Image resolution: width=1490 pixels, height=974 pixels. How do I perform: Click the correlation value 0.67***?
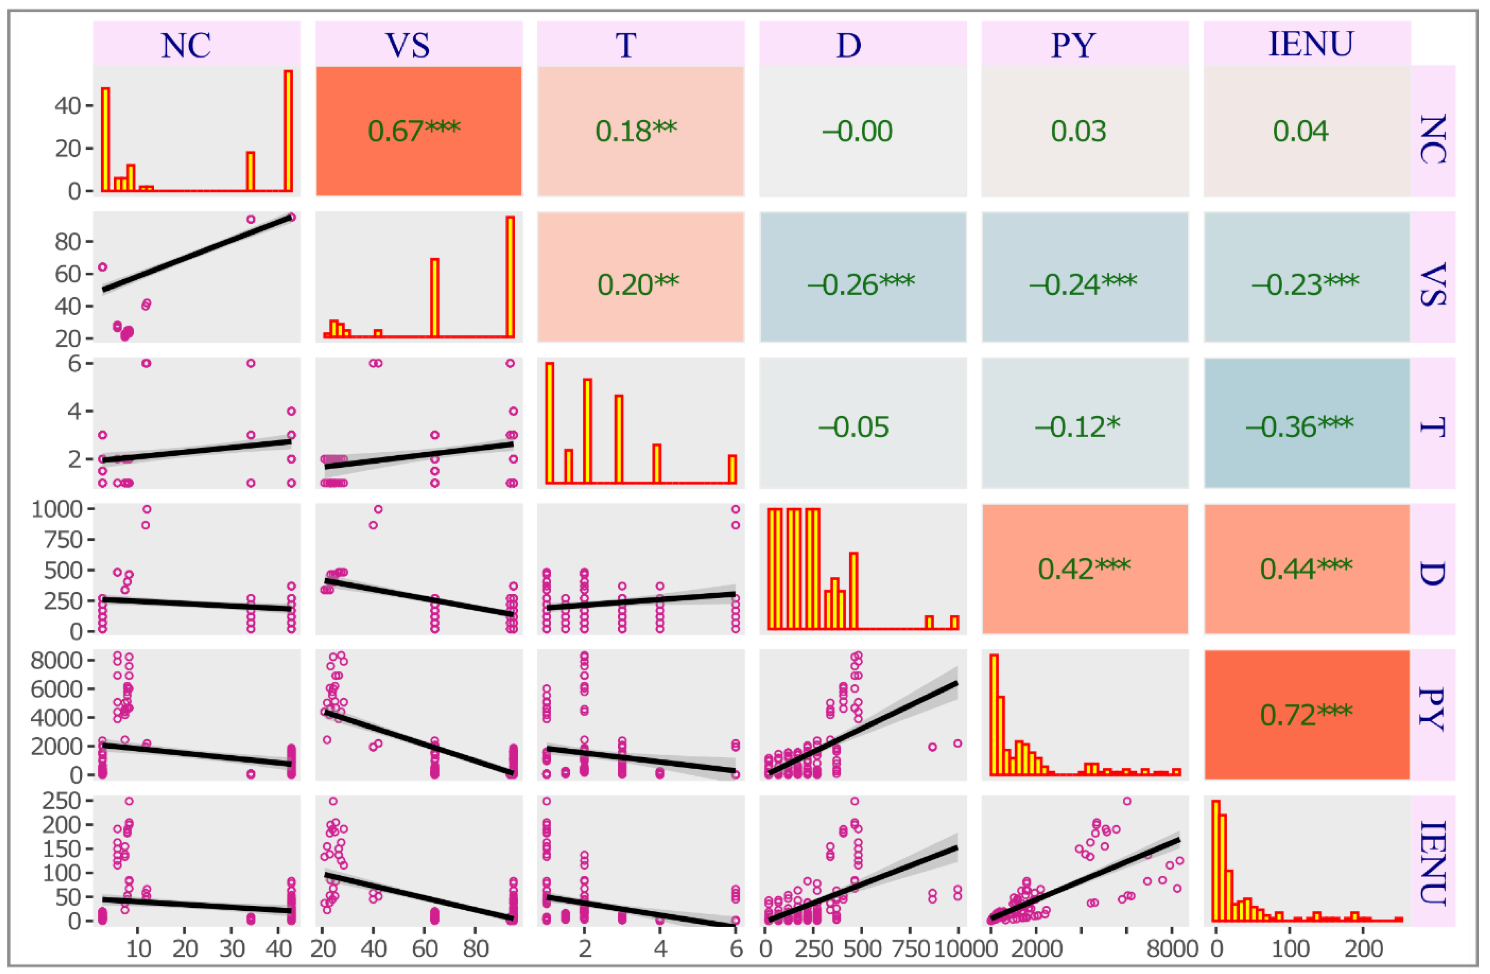414,131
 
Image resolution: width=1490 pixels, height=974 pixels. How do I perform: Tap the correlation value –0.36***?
1300,427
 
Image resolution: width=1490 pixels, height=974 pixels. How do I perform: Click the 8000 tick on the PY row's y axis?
56,660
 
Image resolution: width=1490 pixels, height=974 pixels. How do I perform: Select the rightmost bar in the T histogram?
732,469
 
